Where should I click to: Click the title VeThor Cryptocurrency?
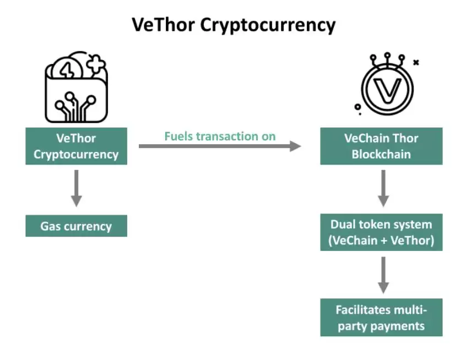(x=233, y=25)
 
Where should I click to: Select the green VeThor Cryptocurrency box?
(x=76, y=146)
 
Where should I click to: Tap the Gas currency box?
(x=76, y=226)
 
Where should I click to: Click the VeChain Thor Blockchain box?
(x=381, y=146)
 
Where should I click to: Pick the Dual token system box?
(x=381, y=232)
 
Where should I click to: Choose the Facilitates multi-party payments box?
(x=381, y=318)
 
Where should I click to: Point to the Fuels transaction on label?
(x=220, y=136)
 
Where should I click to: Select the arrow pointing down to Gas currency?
(x=77, y=188)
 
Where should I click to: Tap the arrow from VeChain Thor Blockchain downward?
(x=383, y=188)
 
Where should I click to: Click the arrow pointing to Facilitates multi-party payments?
(x=383, y=275)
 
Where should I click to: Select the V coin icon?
(x=387, y=88)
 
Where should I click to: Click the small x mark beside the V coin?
(x=416, y=63)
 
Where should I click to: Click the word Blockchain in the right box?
(x=381, y=154)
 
